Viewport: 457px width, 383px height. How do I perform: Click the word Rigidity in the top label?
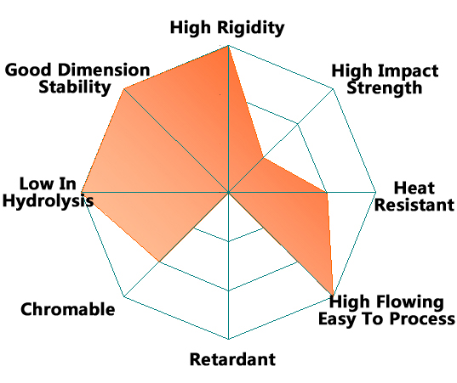pos(251,29)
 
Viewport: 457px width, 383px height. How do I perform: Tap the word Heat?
pos(414,188)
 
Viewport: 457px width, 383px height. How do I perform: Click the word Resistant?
pos(414,205)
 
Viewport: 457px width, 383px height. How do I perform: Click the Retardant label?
pos(232,359)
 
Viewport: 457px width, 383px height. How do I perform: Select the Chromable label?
pos(67,309)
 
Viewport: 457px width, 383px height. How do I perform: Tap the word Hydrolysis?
pos(48,201)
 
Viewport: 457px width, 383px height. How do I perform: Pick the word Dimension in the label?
pos(104,70)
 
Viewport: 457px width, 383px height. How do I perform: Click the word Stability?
pos(75,87)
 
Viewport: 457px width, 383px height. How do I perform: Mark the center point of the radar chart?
pos(228,192)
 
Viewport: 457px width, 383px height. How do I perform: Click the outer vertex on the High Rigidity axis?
pos(228,46)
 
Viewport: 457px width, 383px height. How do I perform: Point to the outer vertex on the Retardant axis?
pos(228,339)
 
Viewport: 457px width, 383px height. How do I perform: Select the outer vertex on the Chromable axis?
pos(124,296)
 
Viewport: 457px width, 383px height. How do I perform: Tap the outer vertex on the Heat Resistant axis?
pos(376,192)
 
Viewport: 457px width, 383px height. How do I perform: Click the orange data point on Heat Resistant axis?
pos(327,192)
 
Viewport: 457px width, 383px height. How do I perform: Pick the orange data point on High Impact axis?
pos(263,158)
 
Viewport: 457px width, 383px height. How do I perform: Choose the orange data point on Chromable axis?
pos(159,262)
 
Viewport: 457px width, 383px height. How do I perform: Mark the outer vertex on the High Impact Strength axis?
pos(333,88)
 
